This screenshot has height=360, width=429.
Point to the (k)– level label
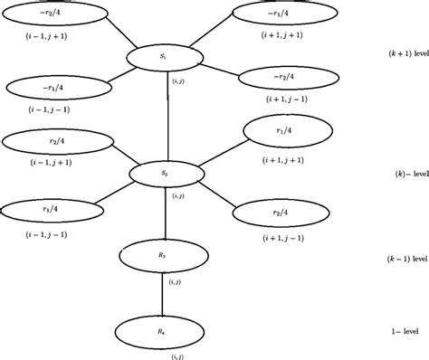(408, 171)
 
